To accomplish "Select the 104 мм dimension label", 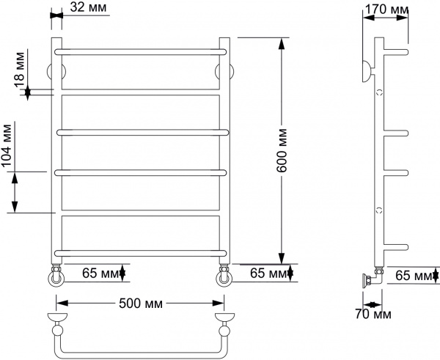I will (8, 150).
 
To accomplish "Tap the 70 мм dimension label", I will (373, 314).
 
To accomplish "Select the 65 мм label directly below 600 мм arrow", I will (269, 274).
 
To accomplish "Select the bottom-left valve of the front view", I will (56, 276).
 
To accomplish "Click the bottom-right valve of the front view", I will (224, 276).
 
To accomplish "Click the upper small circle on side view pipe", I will (380, 92).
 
